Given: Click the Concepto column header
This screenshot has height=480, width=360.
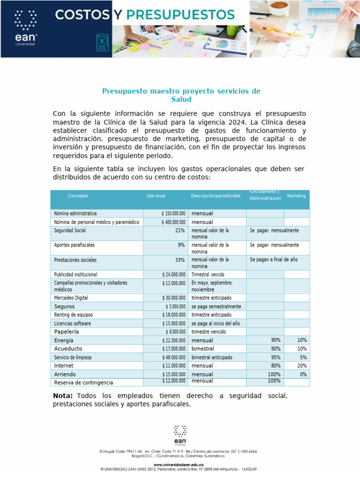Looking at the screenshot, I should point(78,196).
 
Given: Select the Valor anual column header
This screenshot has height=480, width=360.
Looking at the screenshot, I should point(156,196).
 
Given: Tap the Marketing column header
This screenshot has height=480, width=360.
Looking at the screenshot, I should point(296,196).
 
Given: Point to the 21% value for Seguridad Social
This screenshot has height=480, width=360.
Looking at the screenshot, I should point(180,231).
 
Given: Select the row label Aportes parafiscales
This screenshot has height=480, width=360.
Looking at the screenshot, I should point(74,245).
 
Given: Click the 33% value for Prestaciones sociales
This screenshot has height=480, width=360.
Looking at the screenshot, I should point(180,260).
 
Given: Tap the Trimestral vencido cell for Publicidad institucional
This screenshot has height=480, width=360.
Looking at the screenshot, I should point(208,275).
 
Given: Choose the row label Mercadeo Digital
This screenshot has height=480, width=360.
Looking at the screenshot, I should point(71,298).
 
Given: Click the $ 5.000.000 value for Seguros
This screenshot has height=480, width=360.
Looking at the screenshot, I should point(175,307).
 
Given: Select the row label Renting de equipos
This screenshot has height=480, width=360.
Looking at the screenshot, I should point(73,315).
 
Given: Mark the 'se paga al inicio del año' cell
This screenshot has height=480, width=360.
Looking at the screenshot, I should point(216,323).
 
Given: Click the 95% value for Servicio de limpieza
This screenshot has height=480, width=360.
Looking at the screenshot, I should point(276,358).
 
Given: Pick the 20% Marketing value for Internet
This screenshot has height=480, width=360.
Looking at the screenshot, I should point(302,366).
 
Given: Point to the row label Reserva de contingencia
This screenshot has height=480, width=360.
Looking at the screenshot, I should point(83,383).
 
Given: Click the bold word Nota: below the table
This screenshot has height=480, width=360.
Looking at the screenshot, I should point(63,396).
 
